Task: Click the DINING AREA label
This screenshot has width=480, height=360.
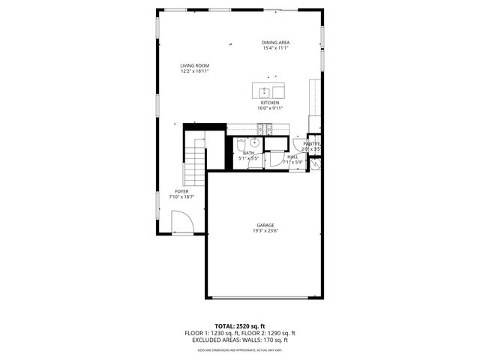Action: pos(275,43)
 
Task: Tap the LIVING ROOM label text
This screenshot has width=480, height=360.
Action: pos(193,65)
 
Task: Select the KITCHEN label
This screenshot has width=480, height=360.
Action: pos(270,103)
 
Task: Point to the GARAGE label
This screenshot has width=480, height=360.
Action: pos(265,225)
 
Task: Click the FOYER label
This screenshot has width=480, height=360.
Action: pos(181,191)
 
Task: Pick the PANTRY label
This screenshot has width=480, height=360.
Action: pos(312,144)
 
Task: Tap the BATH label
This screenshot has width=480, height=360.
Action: pos(248,153)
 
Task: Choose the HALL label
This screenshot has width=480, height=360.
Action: pos(292,157)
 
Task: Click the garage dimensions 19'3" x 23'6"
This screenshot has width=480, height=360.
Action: pos(265,231)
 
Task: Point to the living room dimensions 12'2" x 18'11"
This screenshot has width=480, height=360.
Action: pos(193,71)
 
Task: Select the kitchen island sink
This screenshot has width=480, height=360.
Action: pos(264,92)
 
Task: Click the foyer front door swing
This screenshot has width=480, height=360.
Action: pos(183,223)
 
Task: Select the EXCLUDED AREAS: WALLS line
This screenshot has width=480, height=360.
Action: pos(240,340)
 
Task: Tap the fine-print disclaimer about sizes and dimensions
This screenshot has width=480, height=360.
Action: pos(240,349)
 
